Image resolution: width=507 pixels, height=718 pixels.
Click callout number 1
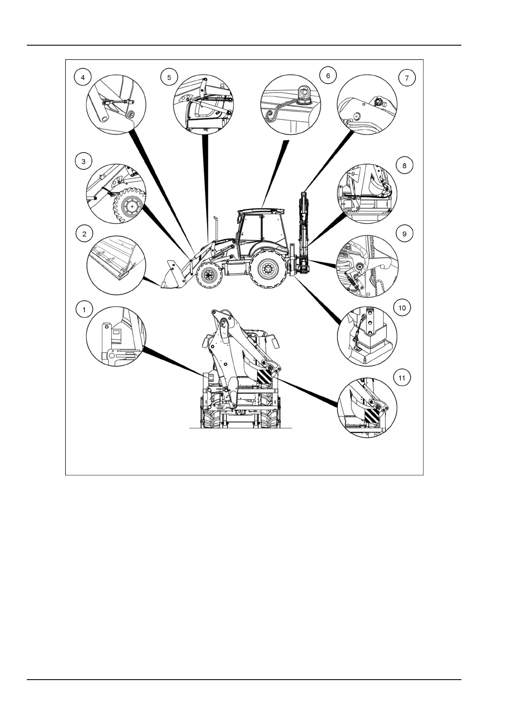tap(84, 309)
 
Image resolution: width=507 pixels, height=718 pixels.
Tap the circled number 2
tap(84, 233)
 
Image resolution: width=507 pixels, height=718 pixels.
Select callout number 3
tap(84, 162)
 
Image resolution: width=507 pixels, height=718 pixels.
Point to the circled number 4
tap(83, 77)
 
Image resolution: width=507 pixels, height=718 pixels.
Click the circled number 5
tap(169, 77)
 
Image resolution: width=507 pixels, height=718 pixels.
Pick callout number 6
tap(328, 76)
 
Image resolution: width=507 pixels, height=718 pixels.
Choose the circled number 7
tap(406, 78)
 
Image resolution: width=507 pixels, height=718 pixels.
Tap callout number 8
tap(404, 165)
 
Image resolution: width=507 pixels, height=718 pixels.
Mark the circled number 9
tap(404, 233)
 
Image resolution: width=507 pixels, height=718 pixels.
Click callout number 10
tap(402, 307)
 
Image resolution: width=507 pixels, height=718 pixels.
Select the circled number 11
tap(402, 378)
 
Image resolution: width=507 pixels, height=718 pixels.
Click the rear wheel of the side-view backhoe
tap(268, 269)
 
